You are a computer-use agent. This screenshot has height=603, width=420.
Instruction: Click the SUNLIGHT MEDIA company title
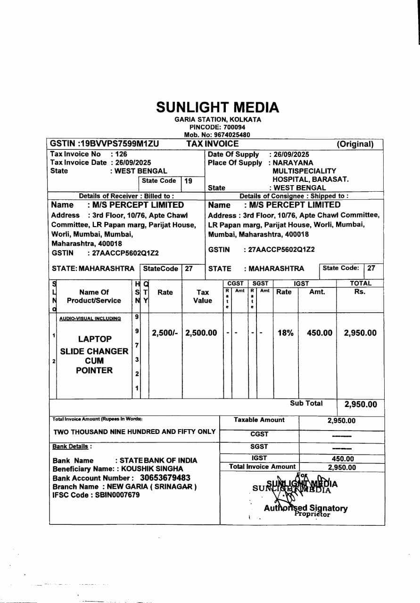[217, 107]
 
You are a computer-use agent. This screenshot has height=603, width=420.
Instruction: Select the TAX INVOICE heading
[213, 144]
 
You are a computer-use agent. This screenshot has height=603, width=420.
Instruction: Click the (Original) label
[354, 145]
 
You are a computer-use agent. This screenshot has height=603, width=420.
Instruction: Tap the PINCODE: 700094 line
[217, 127]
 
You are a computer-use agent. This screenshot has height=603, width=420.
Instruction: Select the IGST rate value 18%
[285, 333]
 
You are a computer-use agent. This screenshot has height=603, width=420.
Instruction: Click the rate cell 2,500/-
[165, 333]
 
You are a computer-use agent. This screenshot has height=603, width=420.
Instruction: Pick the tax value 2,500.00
[201, 333]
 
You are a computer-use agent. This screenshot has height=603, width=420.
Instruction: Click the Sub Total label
[306, 403]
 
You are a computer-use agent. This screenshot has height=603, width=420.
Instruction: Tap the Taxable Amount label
[259, 420]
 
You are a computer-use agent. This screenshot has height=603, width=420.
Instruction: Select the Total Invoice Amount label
[262, 466]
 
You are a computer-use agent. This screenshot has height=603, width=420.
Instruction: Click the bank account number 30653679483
[165, 478]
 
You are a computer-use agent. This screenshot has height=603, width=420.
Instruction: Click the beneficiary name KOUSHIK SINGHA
[152, 469]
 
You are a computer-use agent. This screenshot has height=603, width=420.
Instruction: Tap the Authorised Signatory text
[306, 508]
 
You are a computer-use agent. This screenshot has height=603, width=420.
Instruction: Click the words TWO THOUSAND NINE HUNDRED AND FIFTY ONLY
[134, 432]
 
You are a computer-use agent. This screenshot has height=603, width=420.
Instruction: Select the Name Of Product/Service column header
[94, 296]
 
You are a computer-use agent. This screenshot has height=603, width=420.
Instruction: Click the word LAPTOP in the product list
[95, 339]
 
